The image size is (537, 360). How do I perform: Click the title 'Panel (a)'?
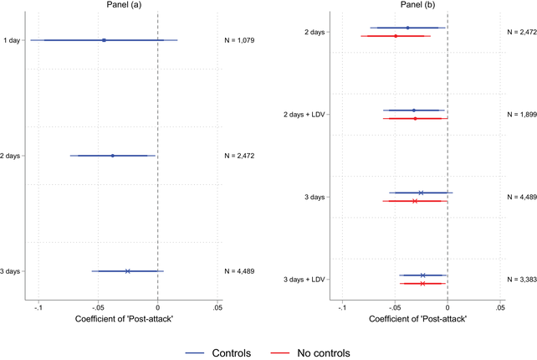click(123, 6)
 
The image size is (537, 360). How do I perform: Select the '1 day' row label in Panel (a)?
click(12, 40)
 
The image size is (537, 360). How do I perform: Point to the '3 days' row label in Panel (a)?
click(11, 271)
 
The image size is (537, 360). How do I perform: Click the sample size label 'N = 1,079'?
click(242, 40)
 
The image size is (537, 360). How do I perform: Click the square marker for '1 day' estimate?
click(104, 40)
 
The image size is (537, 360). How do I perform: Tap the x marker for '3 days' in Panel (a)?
click(127, 271)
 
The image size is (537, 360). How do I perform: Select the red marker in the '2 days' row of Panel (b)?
click(396, 36)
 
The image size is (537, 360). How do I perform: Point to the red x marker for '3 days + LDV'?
click(423, 284)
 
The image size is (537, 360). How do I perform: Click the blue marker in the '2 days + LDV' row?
click(413, 110)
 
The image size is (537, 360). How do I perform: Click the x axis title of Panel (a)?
click(123, 319)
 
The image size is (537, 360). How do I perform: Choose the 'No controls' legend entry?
click(324, 352)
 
